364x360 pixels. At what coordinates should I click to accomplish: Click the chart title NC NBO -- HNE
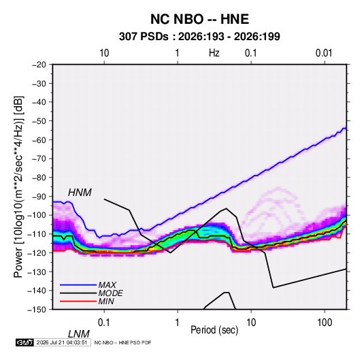pos(199,19)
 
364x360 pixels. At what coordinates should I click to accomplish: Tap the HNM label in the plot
pos(80,193)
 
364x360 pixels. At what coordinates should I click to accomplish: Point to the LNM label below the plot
pos(79,334)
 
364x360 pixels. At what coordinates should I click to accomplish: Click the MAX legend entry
pos(107,284)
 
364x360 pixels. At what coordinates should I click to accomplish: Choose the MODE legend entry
pos(110,293)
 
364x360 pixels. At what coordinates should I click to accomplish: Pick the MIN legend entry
pos(106,301)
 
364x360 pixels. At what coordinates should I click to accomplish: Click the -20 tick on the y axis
pos(39,65)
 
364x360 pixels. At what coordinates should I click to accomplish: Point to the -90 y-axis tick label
pos(39,197)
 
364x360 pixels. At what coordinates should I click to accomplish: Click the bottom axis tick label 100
pos(325,323)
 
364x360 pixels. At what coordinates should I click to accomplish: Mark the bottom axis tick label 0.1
pos(103,323)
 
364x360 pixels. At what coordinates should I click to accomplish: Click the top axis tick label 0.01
pos(324,53)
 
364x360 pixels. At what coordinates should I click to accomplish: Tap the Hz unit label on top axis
pos(214,53)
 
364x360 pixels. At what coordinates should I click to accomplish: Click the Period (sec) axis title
pos(214,330)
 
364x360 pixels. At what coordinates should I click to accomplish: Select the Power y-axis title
pos(18,186)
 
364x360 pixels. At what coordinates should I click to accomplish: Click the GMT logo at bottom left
pos(25,342)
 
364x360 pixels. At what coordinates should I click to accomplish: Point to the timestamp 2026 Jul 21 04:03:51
pos(62,342)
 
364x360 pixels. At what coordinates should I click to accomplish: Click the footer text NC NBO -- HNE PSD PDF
pos(122,342)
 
